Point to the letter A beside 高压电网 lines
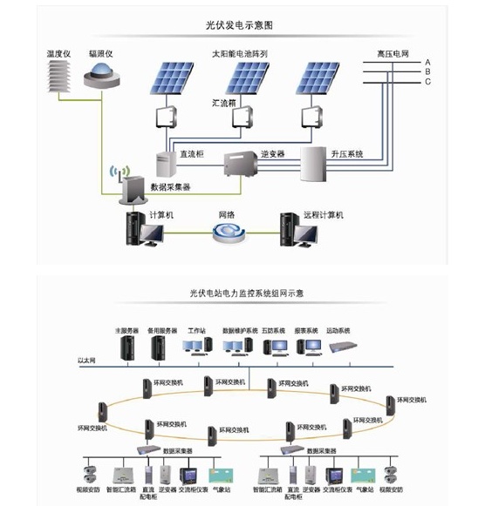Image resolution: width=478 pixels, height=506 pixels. pyautogui.click(x=427, y=63)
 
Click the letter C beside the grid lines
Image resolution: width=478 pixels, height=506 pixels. pyautogui.click(x=427, y=82)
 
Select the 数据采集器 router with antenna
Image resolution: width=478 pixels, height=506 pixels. pyautogui.click(x=133, y=184)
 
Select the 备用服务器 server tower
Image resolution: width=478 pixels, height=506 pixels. pyautogui.click(x=159, y=349)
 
